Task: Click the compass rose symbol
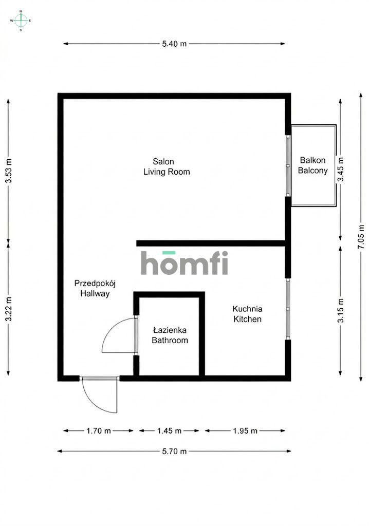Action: click(21, 20)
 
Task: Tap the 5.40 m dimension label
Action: click(174, 44)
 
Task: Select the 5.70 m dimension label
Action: click(174, 452)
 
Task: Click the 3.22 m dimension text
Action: click(8, 309)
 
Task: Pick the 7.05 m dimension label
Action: click(361, 237)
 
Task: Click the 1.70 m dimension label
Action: click(98, 431)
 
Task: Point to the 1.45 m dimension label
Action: click(169, 431)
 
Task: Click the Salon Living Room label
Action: click(166, 167)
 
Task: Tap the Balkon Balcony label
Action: click(312, 165)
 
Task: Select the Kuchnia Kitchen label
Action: click(248, 314)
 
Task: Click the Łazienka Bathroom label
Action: click(170, 335)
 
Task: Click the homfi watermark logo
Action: click(184, 263)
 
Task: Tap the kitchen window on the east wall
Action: click(288, 308)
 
